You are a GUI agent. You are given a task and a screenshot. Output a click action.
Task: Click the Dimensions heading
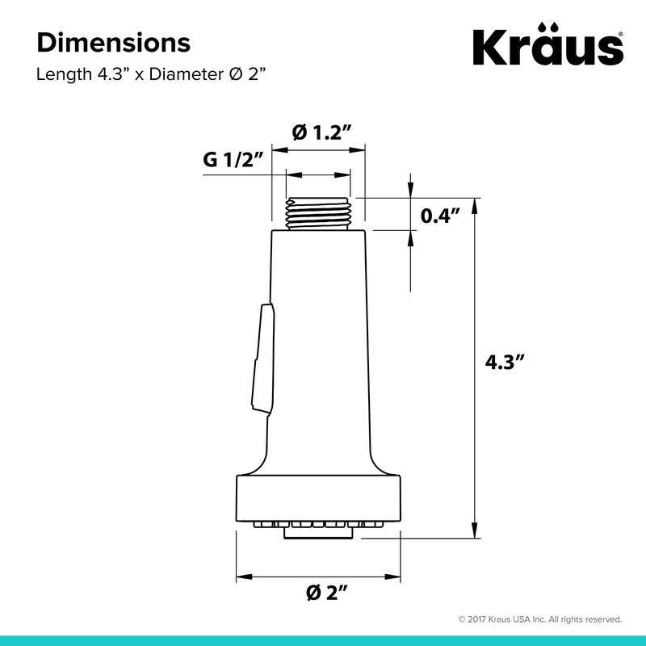tap(114, 43)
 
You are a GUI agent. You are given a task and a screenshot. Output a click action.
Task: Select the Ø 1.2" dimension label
tap(321, 132)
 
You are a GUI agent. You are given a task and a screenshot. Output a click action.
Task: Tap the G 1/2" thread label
tap(233, 160)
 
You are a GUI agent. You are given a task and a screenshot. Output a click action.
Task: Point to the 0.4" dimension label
tap(439, 216)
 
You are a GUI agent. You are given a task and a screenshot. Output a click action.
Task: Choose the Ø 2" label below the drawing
tap(327, 593)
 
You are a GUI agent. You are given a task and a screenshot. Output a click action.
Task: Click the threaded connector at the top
tap(317, 213)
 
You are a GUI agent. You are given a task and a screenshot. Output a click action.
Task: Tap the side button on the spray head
tap(263, 358)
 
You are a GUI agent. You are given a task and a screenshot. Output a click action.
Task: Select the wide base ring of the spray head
tap(318, 498)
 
